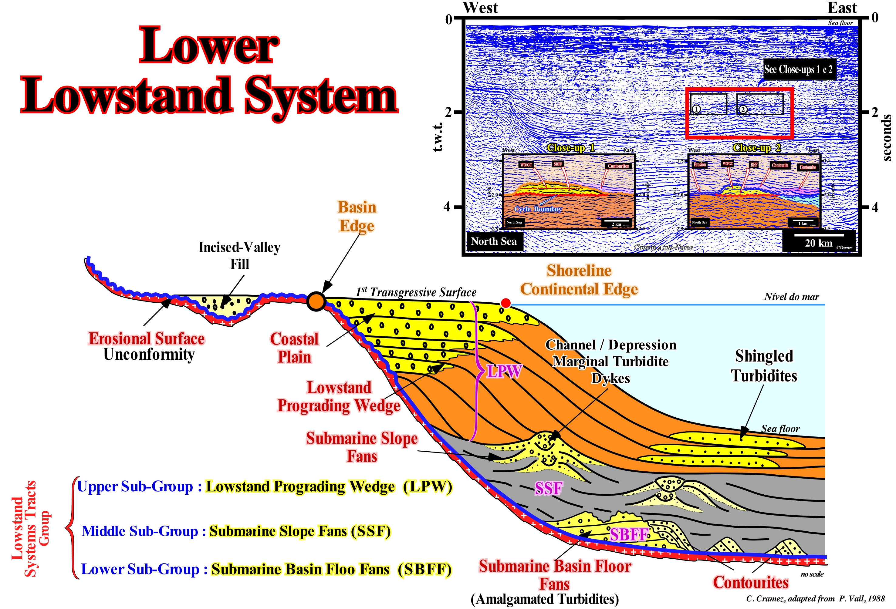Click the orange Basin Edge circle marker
(x=316, y=301)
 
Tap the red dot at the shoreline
(x=505, y=303)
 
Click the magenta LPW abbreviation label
(x=504, y=371)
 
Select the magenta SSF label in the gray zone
(x=548, y=488)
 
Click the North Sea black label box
(x=494, y=241)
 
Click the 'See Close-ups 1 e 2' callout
(x=799, y=69)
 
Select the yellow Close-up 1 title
(x=571, y=148)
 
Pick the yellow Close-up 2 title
(x=756, y=148)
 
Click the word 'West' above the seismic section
(x=480, y=8)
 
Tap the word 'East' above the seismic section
(x=842, y=8)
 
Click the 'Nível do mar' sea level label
(x=792, y=296)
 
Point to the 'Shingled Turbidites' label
(x=764, y=366)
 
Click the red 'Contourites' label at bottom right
(x=750, y=582)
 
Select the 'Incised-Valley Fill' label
(x=239, y=256)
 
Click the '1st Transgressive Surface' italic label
(x=416, y=292)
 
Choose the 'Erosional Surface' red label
(x=147, y=338)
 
